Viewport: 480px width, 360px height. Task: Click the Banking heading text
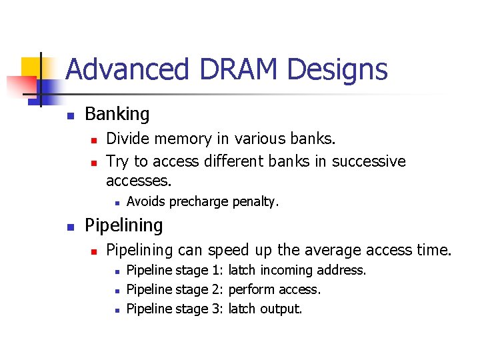[117, 114]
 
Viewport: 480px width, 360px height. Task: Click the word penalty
[256, 201]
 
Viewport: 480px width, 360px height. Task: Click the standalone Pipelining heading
[124, 225]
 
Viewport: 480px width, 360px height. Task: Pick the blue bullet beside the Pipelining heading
[70, 227]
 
